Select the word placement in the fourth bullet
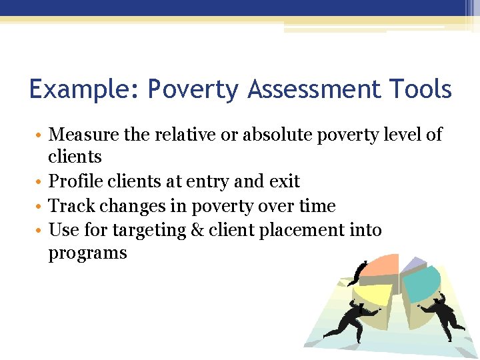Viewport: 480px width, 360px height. [x=309, y=230]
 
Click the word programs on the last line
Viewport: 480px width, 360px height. [x=87, y=254]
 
